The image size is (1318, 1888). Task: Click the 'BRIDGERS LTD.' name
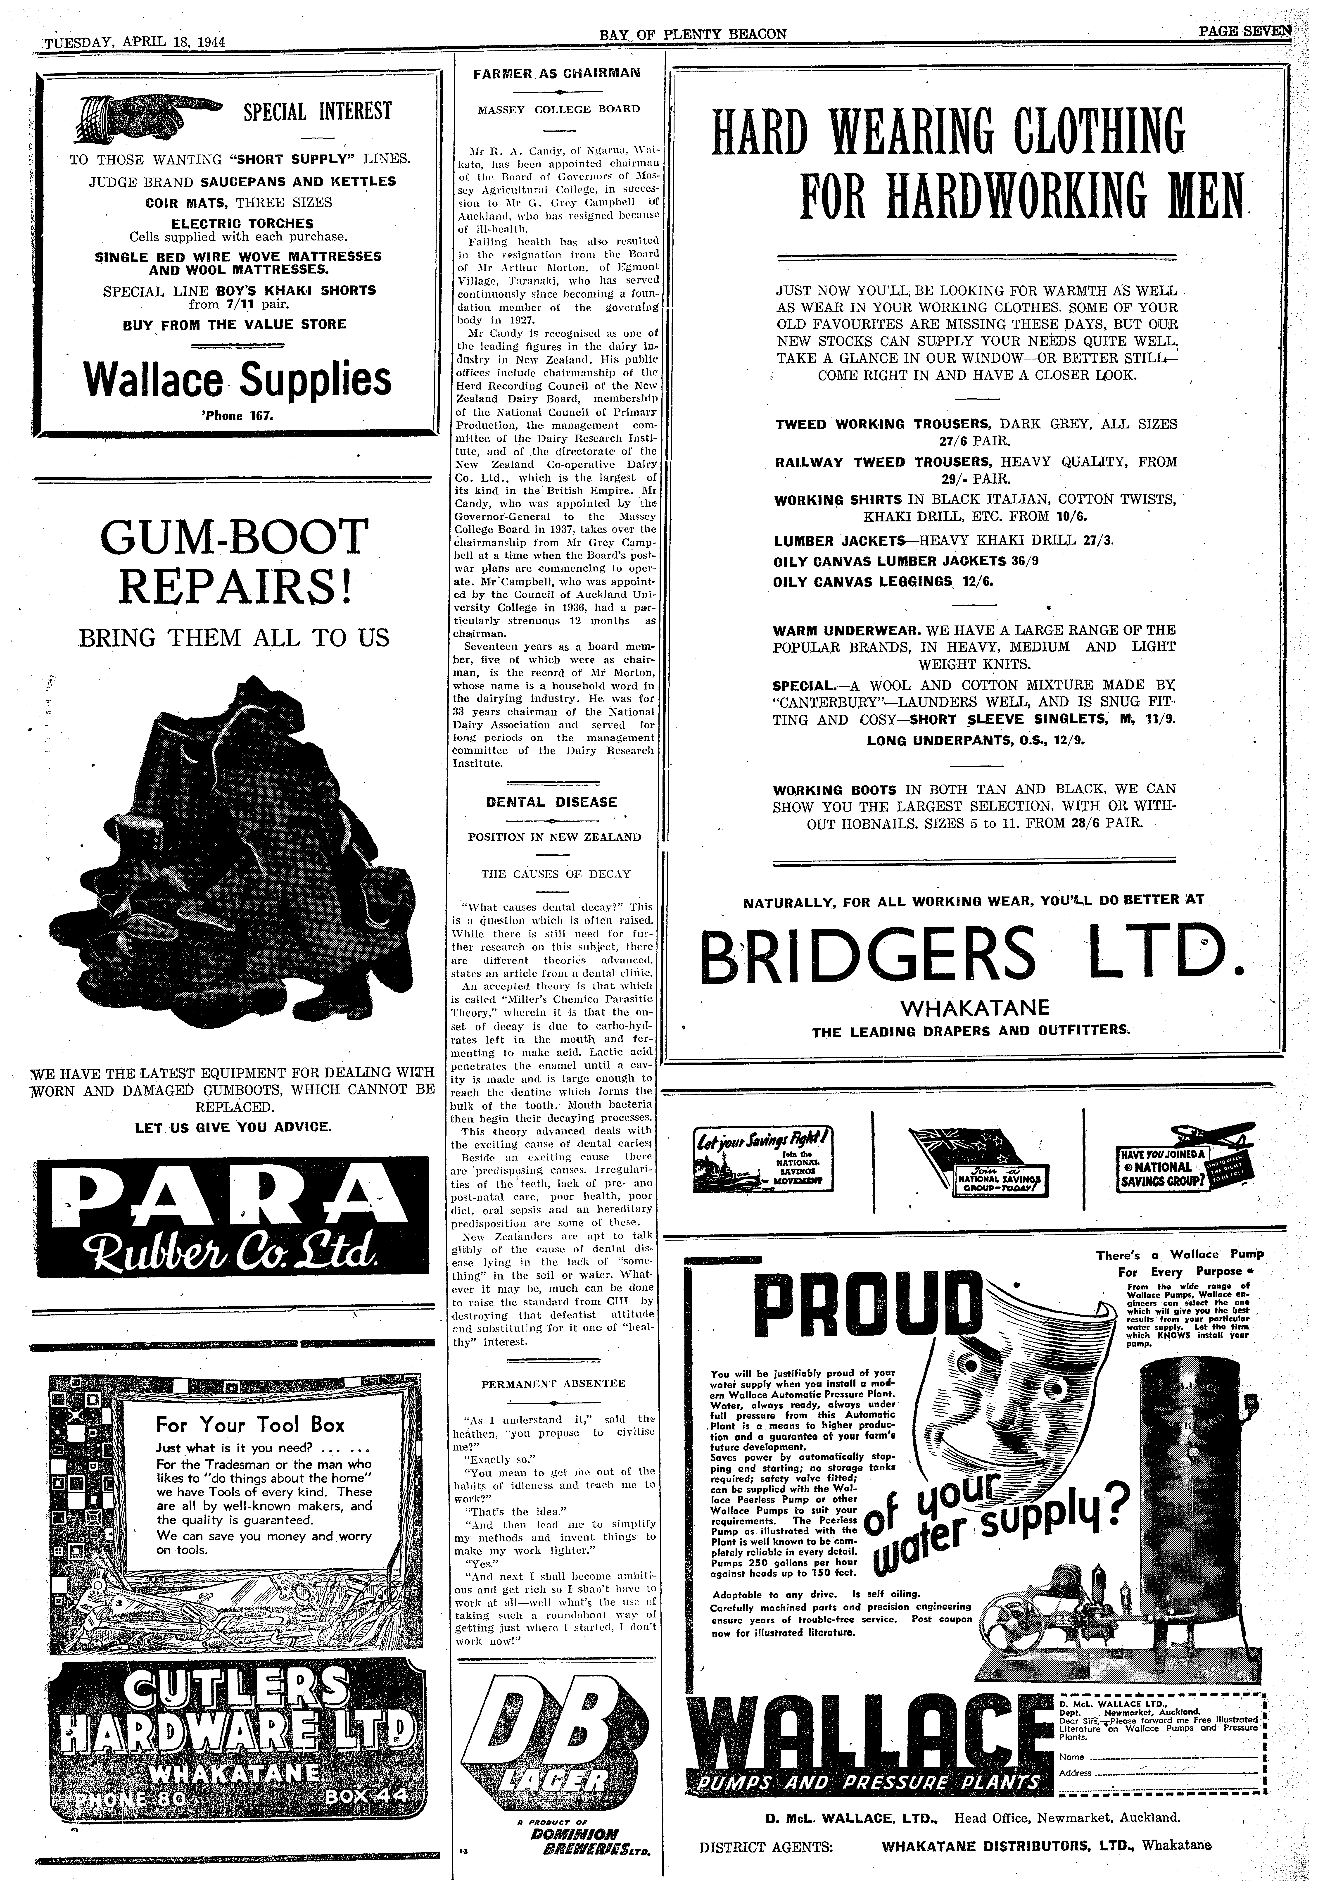970,952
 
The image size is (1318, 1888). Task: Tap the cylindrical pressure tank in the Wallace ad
1192,1480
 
